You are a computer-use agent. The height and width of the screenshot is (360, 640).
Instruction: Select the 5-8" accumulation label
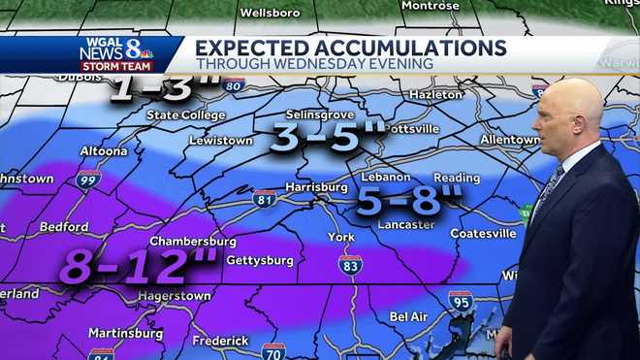coord(408,201)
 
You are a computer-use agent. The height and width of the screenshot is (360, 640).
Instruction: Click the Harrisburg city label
coord(316,186)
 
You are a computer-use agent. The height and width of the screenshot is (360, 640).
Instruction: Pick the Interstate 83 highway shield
coord(350,264)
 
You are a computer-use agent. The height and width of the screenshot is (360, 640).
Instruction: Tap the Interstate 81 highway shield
coord(263,198)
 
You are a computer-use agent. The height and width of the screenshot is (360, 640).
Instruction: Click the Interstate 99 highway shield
coord(88,179)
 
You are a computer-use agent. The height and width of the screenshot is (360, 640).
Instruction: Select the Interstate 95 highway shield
coord(461,301)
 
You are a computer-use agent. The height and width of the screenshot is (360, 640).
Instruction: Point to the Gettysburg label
coord(260,260)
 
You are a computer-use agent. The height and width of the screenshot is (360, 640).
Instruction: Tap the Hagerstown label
coord(175,295)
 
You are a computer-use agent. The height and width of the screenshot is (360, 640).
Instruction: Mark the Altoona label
coord(102,151)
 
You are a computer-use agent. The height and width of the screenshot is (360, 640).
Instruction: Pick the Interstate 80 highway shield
coord(232,85)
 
